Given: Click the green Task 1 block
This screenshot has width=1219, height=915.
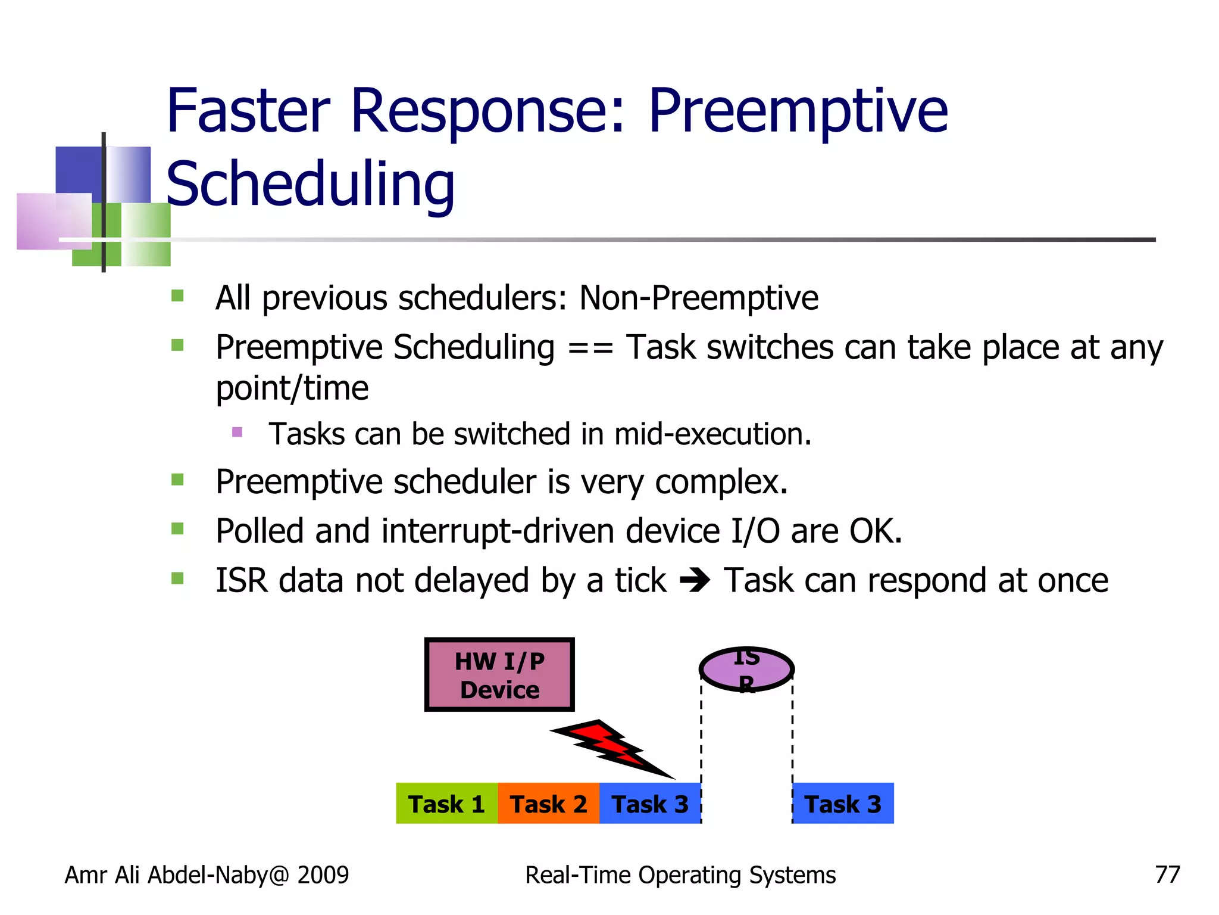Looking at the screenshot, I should click(446, 804).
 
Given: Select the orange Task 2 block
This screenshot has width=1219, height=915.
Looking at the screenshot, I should click(548, 804).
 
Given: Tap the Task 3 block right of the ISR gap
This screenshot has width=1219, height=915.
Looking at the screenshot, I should click(843, 804).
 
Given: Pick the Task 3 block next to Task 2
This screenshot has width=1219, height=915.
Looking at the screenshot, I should click(650, 804).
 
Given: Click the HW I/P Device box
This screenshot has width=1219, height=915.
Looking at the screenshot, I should click(499, 675).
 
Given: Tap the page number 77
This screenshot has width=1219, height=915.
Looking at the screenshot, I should click(1167, 875).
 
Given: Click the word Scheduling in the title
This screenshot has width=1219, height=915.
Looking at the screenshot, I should click(310, 185).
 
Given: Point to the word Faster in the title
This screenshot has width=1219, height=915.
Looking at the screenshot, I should click(248, 111).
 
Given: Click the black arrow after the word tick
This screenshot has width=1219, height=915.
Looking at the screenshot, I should click(695, 580).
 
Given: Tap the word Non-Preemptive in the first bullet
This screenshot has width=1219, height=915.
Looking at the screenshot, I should click(699, 298).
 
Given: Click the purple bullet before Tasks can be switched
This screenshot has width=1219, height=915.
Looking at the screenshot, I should click(237, 432).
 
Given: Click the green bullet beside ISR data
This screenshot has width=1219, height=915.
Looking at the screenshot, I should click(177, 578).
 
